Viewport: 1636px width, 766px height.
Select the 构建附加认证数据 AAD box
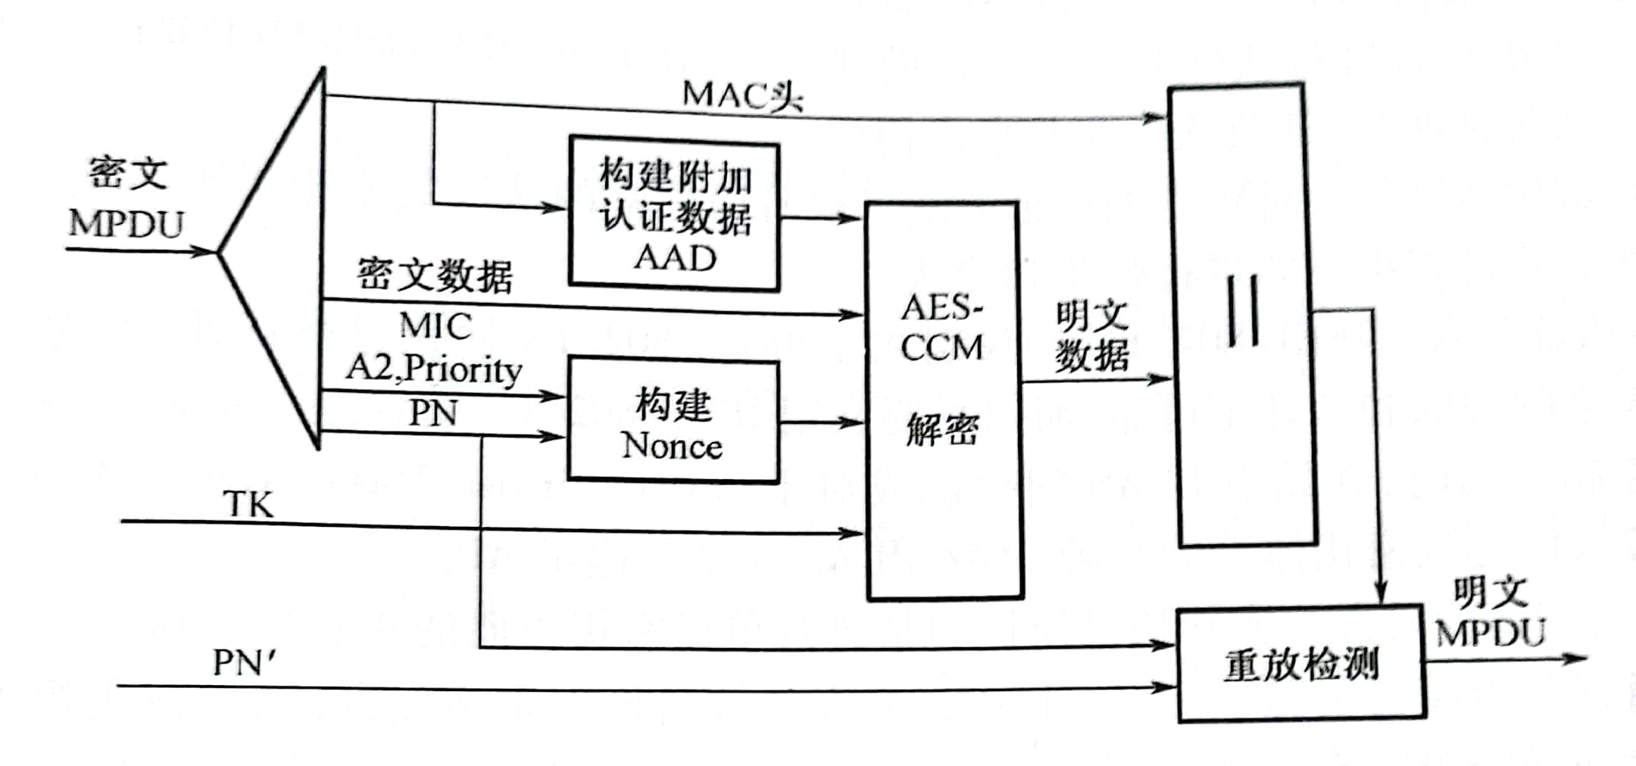tap(674, 214)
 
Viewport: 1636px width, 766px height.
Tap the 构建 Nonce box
tap(673, 423)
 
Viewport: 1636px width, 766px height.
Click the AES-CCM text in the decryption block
tap(941, 328)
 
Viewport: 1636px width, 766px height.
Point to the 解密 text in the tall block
tap(942, 430)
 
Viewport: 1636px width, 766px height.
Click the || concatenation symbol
tap(1244, 311)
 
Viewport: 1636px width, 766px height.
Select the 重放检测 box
tap(1300, 665)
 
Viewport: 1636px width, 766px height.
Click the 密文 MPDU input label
tap(126, 199)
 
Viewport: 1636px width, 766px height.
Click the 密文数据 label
tap(435, 275)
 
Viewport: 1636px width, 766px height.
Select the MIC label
tap(436, 326)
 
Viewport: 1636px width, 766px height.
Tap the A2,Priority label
tap(434, 369)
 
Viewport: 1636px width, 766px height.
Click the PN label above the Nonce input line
tap(433, 413)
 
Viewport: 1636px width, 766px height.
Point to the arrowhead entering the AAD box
tap(557, 207)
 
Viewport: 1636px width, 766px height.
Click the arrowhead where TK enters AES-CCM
tap(854, 534)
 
